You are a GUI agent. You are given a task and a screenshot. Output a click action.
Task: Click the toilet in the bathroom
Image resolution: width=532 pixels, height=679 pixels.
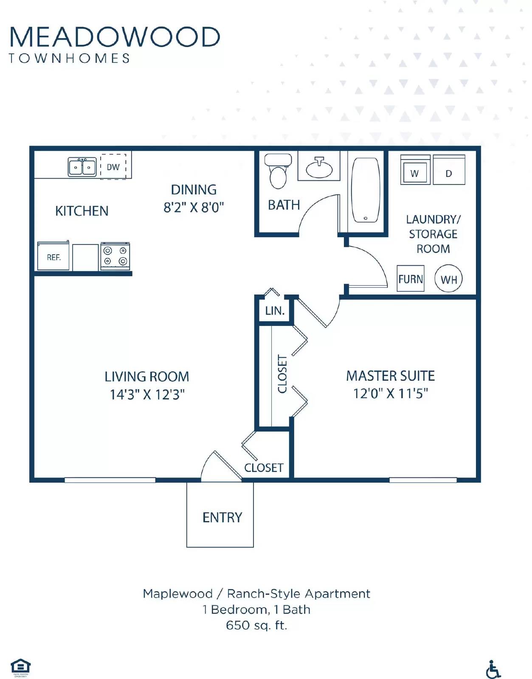point(278,172)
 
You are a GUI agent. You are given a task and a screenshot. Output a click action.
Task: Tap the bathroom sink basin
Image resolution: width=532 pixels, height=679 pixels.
point(319,168)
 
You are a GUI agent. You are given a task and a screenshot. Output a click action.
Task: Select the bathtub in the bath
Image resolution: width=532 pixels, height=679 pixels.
point(366,190)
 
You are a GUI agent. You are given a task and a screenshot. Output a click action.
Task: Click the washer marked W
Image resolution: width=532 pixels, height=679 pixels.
point(415,171)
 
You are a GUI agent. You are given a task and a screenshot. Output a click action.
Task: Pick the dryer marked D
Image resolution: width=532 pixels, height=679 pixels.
point(449,171)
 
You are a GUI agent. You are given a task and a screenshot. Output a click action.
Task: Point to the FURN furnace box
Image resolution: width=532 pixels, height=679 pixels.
point(411,279)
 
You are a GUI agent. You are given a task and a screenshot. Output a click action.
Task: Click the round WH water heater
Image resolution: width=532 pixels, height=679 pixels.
point(449,279)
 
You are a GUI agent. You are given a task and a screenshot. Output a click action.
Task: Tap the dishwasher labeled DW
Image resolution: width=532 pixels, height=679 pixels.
point(113,167)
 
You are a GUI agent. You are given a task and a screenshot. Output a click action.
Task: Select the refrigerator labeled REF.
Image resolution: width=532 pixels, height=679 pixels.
point(53,257)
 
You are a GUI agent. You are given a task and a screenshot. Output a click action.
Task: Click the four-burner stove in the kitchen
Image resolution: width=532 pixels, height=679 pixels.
point(115,256)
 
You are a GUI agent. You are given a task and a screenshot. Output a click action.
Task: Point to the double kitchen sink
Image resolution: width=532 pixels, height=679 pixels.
point(82,167)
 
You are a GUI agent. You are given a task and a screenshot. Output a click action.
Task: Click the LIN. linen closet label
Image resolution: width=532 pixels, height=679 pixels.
point(275,311)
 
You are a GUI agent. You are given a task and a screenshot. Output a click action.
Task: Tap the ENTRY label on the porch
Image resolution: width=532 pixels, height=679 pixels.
point(222,517)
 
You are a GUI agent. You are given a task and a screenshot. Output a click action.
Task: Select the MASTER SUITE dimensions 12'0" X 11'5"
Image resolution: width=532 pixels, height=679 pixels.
point(391,393)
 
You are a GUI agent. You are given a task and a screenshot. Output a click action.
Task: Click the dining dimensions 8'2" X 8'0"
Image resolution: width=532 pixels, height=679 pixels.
point(194,207)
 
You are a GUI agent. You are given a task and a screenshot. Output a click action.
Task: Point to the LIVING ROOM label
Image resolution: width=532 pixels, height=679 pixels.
point(147,376)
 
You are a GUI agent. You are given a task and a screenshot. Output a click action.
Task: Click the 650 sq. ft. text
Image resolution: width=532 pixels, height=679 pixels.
point(256,625)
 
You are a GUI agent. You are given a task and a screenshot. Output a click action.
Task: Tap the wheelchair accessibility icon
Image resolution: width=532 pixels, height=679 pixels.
point(493,669)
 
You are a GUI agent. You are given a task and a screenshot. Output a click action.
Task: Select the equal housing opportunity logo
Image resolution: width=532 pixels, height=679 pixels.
point(20,667)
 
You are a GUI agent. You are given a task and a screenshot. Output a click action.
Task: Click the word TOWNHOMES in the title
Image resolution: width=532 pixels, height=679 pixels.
point(70,58)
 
